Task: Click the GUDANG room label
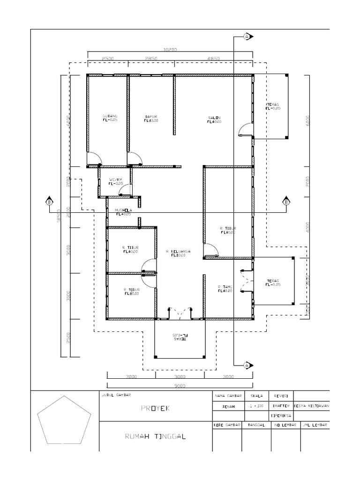[110, 116]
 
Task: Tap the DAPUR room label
[150, 116]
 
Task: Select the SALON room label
[214, 118]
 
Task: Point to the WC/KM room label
[116, 180]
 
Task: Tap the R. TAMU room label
[225, 287]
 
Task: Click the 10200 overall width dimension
[169, 49]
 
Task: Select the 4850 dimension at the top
[213, 58]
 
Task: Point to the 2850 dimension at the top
[150, 58]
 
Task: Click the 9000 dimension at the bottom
[180, 386]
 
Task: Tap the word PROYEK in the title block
[154, 408]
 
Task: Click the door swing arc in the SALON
[245, 128]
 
